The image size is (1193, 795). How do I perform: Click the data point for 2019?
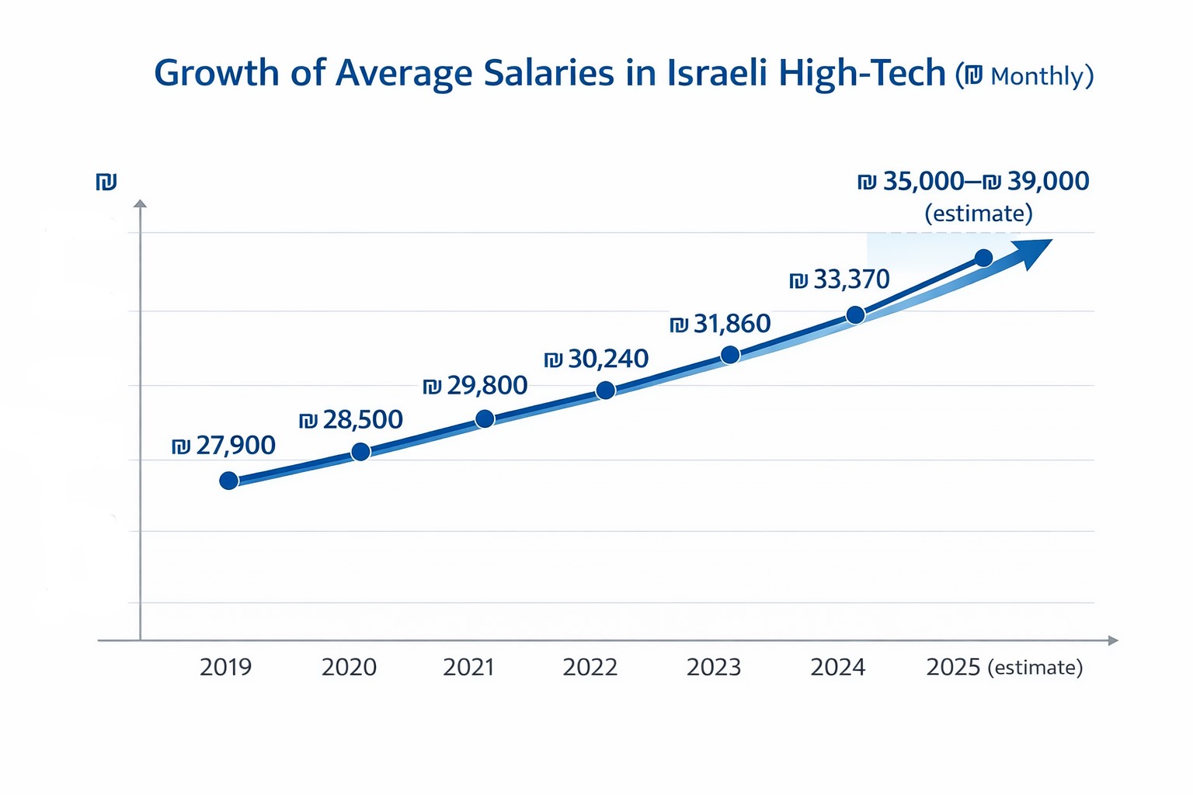pos(228,481)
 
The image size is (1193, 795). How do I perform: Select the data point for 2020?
pos(360,452)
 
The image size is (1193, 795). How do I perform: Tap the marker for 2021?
pos(485,419)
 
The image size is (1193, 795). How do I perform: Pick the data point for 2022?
pos(606,391)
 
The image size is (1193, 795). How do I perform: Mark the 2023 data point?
pos(730,355)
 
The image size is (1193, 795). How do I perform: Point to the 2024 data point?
pos(855,314)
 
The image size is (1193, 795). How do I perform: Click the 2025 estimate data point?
pos(983,258)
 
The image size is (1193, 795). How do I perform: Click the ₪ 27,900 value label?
pos(224,446)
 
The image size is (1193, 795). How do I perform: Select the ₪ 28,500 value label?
pos(351,420)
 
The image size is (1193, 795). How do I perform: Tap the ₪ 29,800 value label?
pos(475,386)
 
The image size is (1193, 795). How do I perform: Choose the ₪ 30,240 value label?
pos(596,359)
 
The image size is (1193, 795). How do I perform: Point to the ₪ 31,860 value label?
pos(720,324)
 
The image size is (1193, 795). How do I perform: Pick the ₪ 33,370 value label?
pos(840,279)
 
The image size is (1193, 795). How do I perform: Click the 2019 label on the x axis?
pos(225,667)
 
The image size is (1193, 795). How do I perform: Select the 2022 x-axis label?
pos(590,667)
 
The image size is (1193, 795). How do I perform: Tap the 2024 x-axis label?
pos(837,667)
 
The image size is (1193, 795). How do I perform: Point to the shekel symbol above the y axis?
pos(106,182)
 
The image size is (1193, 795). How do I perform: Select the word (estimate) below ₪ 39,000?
pos(979,213)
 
